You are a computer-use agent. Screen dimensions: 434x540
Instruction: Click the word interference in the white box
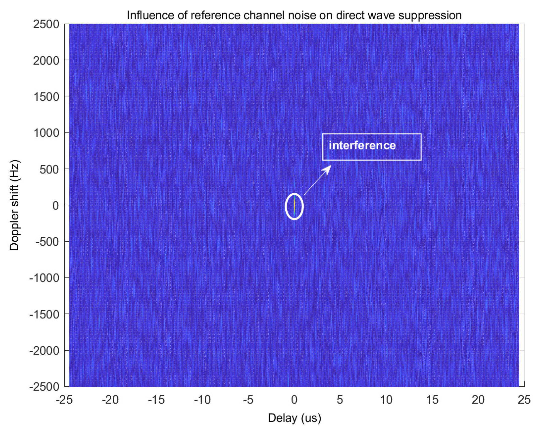(362, 145)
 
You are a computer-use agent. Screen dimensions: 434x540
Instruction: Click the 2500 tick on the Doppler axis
(46, 24)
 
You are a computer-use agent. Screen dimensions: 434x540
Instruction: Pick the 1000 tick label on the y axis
(46, 133)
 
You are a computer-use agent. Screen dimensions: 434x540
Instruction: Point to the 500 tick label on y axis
(49, 170)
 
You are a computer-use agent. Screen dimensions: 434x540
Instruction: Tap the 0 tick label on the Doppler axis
(56, 206)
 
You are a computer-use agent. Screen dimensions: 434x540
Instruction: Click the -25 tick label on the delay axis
(64, 400)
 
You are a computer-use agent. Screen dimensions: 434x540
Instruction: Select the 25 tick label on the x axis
(524, 400)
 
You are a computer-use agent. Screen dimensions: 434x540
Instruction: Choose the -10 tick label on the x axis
(202, 400)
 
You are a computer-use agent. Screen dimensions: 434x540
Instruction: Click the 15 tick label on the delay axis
(432, 400)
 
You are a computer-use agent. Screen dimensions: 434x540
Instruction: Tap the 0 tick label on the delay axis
(294, 400)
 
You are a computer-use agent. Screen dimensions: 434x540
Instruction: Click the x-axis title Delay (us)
(294, 418)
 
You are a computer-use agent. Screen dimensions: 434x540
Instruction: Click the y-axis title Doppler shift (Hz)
(14, 205)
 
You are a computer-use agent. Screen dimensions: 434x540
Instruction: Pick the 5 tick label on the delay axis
(340, 400)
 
